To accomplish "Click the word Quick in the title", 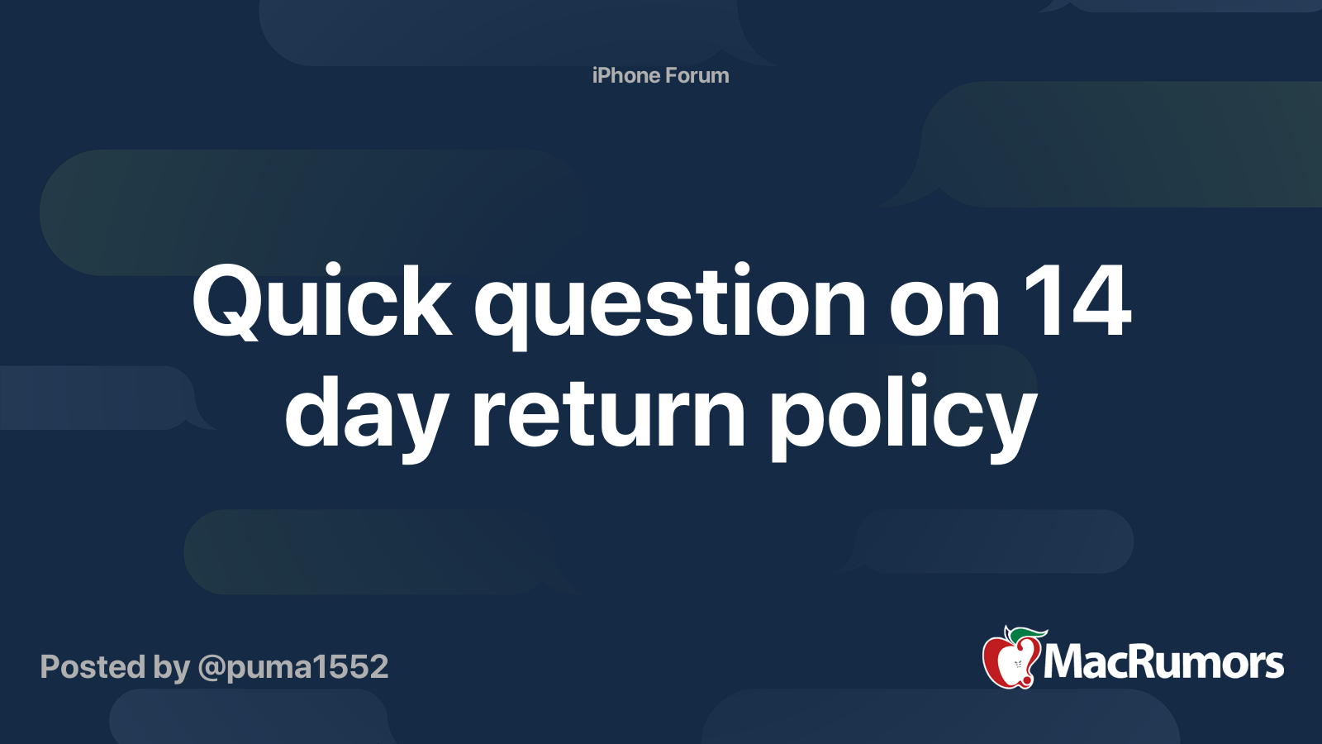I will pos(322,303).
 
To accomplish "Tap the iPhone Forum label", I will pos(660,75).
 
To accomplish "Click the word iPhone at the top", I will pos(625,75).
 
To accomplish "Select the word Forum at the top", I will pos(697,75).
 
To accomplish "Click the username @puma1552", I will pos(292,667).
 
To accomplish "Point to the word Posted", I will pos(93,667).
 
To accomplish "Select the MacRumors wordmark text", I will pos(1163,662).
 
